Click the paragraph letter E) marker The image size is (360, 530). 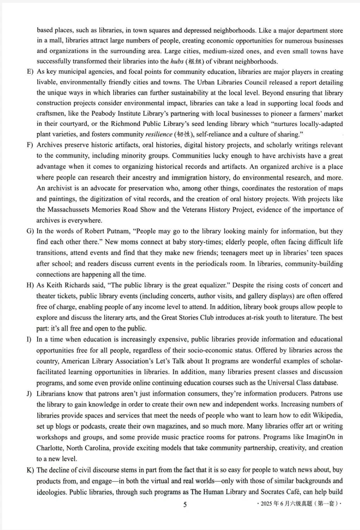pos(30,72)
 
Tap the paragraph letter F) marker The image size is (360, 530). pos(30,145)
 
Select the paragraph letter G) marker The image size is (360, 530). pos(30,231)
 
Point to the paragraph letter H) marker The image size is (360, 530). pos(30,286)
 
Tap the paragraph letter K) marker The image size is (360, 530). pos(30,470)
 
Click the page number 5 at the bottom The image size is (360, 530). pos(185,504)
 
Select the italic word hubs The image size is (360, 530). pos(177,62)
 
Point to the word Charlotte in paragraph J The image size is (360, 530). pos(50,448)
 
